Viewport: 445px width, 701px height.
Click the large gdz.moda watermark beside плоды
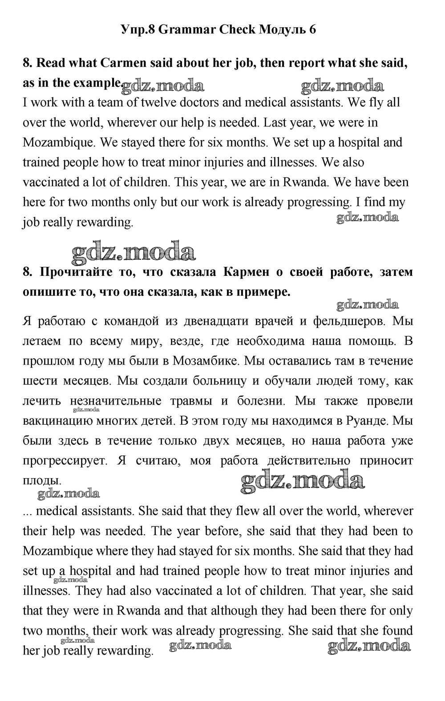(303, 481)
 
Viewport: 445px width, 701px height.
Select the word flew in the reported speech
(247, 511)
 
